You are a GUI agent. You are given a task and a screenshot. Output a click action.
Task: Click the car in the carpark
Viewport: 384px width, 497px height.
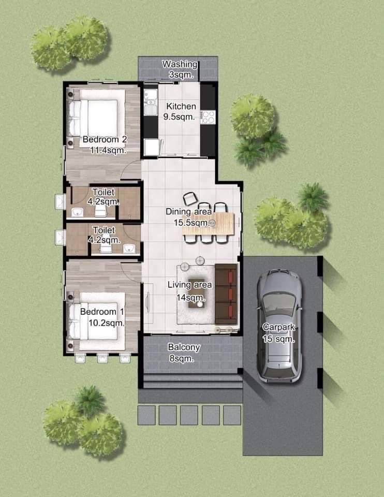pyautogui.click(x=279, y=327)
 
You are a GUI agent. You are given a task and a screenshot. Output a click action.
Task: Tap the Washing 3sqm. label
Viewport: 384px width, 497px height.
pyautogui.click(x=180, y=69)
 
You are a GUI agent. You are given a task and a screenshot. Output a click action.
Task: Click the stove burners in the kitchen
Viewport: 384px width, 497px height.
pyautogui.click(x=208, y=117)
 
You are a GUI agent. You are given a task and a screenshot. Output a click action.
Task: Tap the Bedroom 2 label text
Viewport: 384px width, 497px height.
pyautogui.click(x=105, y=139)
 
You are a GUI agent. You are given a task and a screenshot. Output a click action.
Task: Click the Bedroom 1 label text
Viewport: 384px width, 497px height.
pyautogui.click(x=102, y=312)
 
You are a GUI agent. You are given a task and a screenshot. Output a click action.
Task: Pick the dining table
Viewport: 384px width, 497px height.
pyautogui.click(x=209, y=224)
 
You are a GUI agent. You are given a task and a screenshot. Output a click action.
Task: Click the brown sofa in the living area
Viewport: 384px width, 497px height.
pyautogui.click(x=226, y=294)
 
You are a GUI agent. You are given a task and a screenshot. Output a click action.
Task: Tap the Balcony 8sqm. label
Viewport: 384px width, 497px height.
pyautogui.click(x=183, y=353)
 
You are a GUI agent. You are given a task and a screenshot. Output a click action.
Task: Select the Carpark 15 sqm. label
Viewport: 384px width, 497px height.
pyautogui.click(x=279, y=333)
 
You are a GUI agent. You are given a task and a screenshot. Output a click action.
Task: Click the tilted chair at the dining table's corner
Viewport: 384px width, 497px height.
pyautogui.click(x=190, y=198)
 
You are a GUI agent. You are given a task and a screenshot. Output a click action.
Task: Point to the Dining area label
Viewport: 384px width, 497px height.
pyautogui.click(x=188, y=211)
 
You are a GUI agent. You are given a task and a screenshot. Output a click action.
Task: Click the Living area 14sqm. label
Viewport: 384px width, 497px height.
pyautogui.click(x=189, y=291)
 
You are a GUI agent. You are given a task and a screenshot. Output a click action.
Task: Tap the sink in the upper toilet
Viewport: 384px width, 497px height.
pyautogui.click(x=77, y=212)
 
